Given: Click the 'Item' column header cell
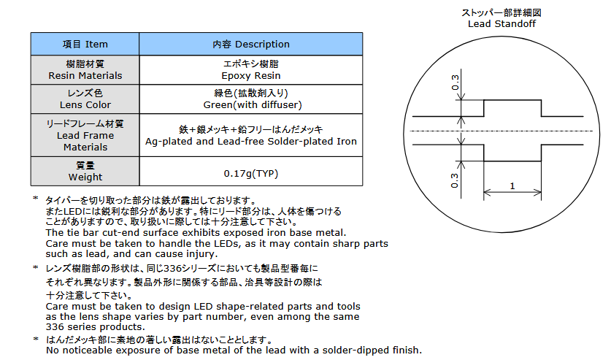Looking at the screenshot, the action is [x=85, y=44].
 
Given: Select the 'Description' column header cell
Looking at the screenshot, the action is [x=251, y=44].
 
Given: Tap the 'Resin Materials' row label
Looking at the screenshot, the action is [x=85, y=70].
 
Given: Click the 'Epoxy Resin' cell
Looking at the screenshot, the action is [x=251, y=70].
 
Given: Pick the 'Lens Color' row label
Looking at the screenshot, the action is [x=85, y=99].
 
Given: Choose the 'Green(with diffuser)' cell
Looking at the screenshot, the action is [x=251, y=99].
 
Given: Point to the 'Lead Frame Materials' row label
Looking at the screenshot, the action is [x=85, y=135].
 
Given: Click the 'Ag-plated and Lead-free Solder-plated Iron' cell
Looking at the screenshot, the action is [x=251, y=135].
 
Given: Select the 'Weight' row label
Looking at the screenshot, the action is [x=85, y=172].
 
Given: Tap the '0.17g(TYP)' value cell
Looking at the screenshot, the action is [x=251, y=172].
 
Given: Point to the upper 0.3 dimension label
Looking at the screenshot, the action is [x=455, y=83].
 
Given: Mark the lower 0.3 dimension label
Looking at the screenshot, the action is [x=455, y=180].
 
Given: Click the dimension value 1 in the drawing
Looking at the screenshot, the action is [x=512, y=186].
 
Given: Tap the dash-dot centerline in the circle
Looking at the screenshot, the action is [x=502, y=131].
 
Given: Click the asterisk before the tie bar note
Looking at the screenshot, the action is [x=36, y=199].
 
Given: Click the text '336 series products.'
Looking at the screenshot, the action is [x=95, y=327].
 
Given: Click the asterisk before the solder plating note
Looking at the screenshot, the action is [x=36, y=339].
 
